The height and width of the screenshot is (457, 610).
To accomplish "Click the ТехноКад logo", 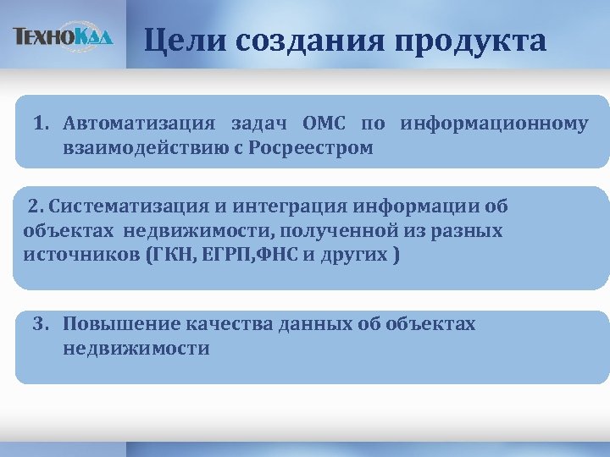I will (63, 36).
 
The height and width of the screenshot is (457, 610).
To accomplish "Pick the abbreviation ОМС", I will (323, 124).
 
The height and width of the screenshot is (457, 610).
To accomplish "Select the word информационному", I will (494, 124).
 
